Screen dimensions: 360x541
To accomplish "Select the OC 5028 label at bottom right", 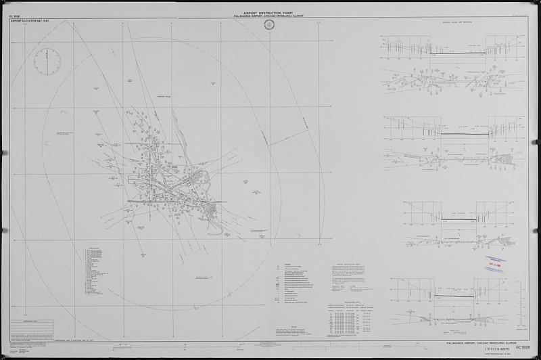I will coord(523,346).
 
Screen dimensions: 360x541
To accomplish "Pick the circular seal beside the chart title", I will coord(270,26).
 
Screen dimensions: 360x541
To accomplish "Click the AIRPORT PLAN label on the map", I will coord(166,97).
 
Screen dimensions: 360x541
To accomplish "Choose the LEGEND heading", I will coord(288,264).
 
